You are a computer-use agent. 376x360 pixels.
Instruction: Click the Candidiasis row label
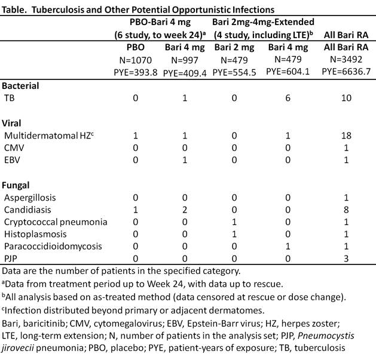28,210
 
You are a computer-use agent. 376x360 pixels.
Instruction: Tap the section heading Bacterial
22,85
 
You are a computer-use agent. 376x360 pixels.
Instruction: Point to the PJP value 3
354,258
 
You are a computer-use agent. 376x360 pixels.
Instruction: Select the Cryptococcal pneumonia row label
47,222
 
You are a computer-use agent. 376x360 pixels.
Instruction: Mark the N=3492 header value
354,60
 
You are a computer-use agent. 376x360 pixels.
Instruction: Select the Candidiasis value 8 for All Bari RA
354,210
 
